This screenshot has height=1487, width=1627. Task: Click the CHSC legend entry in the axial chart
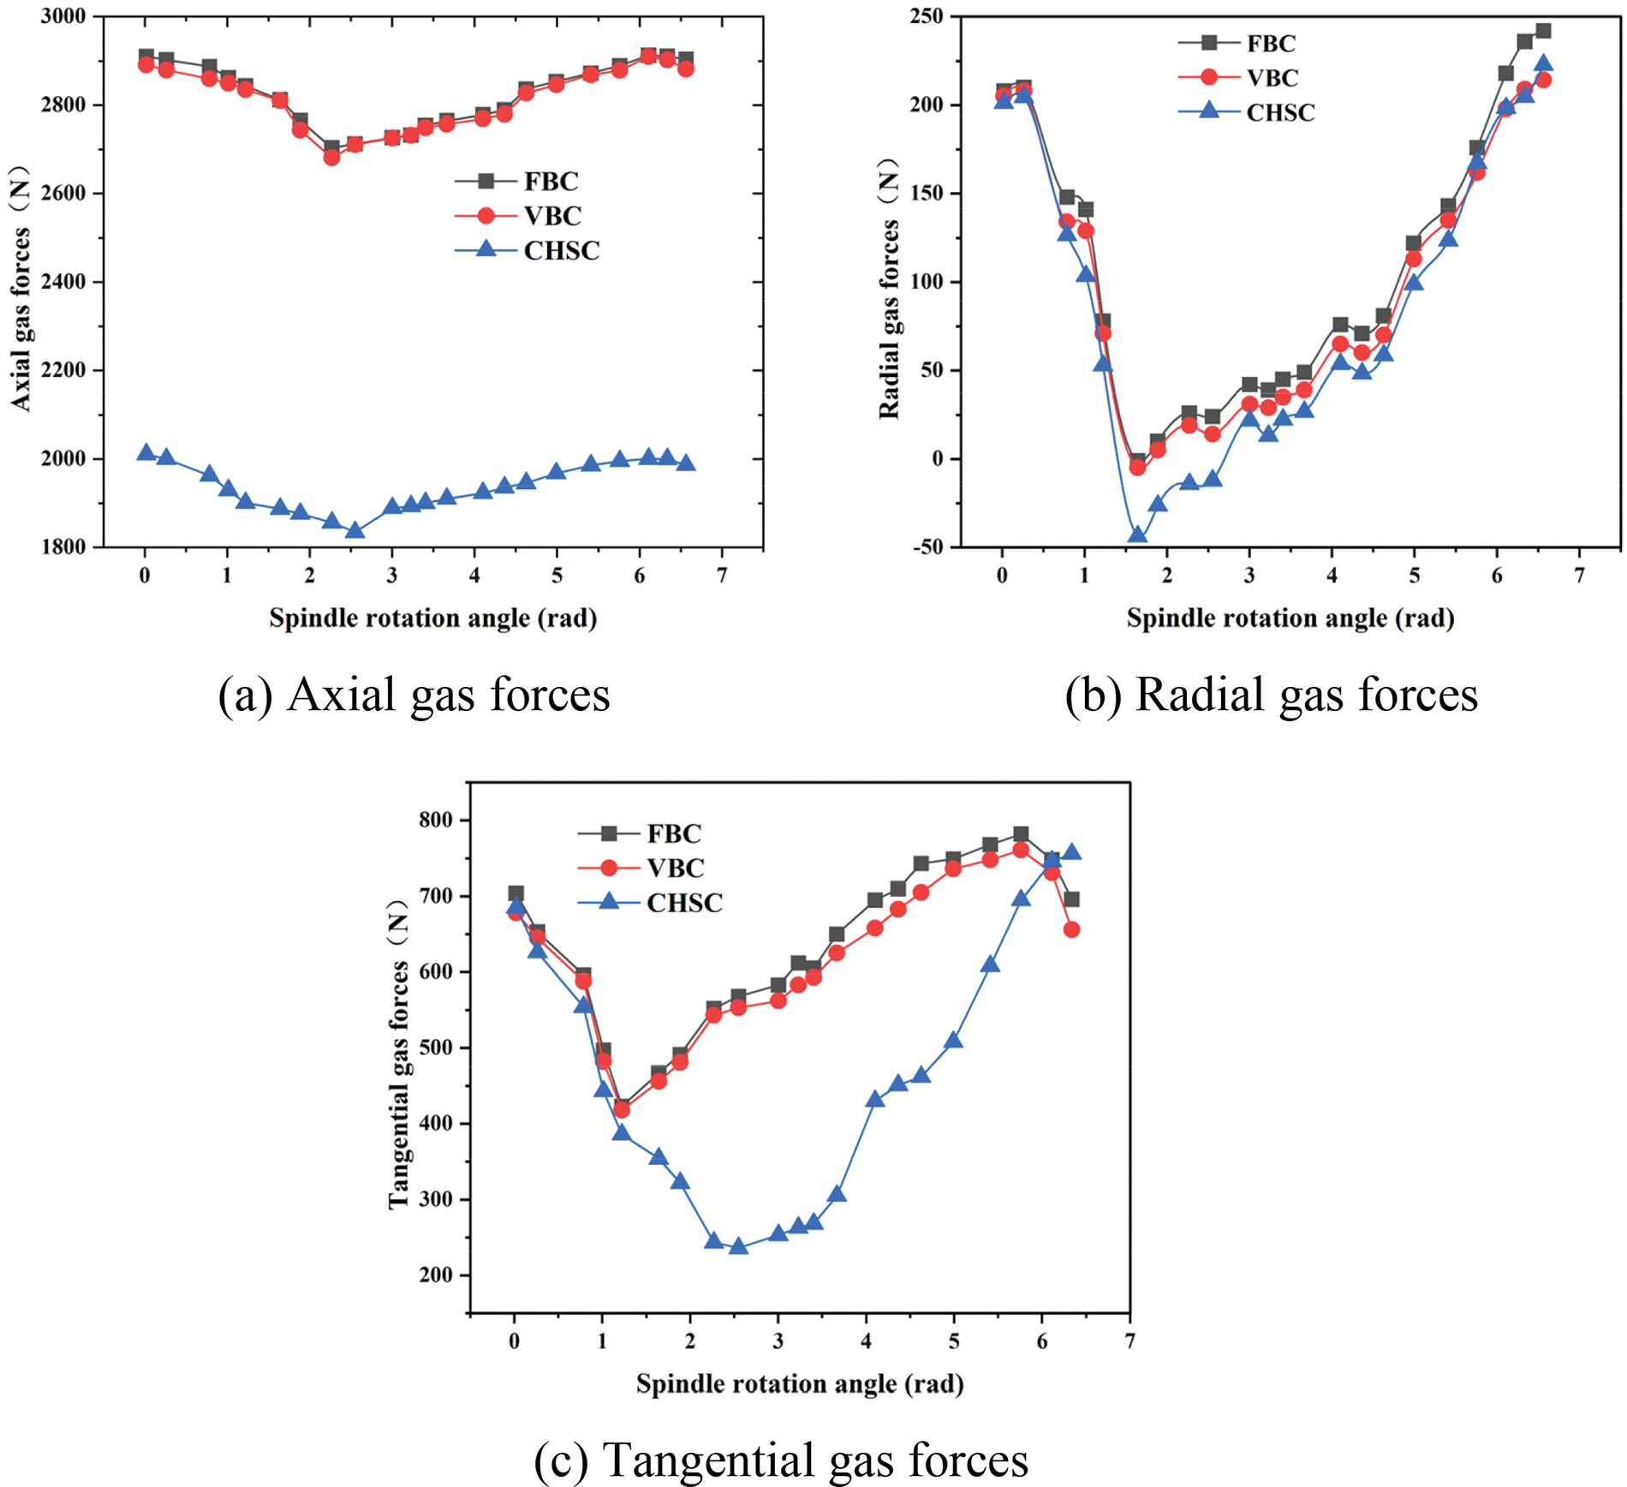[561, 250]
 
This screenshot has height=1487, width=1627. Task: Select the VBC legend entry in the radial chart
[1272, 77]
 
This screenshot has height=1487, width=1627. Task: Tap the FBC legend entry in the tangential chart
[673, 833]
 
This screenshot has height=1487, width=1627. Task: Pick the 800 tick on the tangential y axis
[436, 821]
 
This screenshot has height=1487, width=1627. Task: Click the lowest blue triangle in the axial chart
[355, 530]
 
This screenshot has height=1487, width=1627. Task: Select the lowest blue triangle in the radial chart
[1137, 534]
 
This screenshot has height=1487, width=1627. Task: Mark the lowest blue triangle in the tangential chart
[738, 1246]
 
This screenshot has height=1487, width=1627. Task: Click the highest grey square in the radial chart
[1542, 31]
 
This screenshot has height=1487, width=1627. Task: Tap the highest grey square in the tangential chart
[1020, 834]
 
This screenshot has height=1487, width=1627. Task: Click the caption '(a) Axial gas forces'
[414, 695]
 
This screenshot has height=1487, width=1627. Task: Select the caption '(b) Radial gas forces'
[1271, 695]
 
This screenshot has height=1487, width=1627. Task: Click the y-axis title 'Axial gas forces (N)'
[21, 287]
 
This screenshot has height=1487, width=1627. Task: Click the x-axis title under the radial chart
[1290, 618]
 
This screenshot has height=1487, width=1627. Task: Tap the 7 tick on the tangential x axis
[1130, 1341]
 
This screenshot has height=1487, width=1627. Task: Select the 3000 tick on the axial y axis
[63, 16]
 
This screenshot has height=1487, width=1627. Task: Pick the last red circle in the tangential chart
[1070, 929]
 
